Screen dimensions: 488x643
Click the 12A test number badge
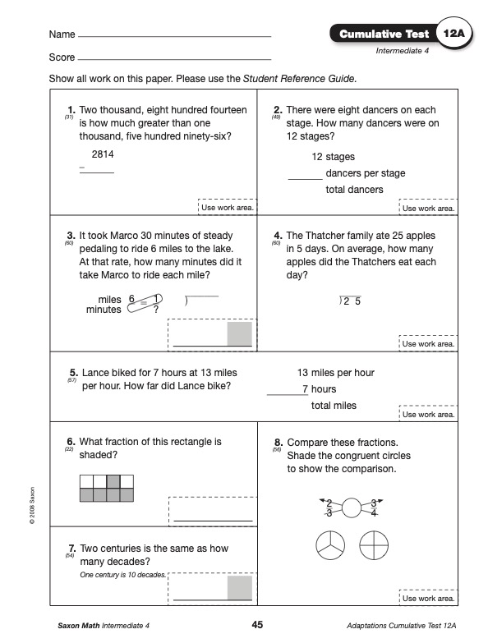[x=454, y=34]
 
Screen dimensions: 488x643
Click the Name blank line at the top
[x=174, y=36]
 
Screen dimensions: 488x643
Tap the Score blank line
[x=174, y=59]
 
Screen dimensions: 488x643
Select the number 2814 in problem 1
[x=103, y=154]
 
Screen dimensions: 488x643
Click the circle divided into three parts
[x=330, y=545]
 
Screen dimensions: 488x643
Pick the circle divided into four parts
[x=374, y=545]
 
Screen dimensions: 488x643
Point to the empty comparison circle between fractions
[x=352, y=508]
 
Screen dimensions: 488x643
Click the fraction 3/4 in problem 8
[x=374, y=508]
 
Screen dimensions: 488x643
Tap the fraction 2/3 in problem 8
[x=329, y=508]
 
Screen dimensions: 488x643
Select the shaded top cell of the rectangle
[x=113, y=481]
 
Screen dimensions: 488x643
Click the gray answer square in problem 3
[x=240, y=333]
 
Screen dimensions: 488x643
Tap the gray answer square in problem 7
[x=240, y=588]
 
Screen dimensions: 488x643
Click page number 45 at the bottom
[x=257, y=625]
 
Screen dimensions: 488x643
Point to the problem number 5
[x=73, y=373]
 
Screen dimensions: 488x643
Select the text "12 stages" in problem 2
[x=333, y=157]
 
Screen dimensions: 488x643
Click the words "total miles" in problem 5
[x=334, y=406]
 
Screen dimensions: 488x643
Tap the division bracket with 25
[x=350, y=301]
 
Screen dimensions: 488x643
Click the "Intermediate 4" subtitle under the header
[x=403, y=51]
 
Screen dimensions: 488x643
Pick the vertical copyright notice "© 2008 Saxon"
[x=32, y=505]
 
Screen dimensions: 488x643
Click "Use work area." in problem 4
[x=428, y=344]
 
